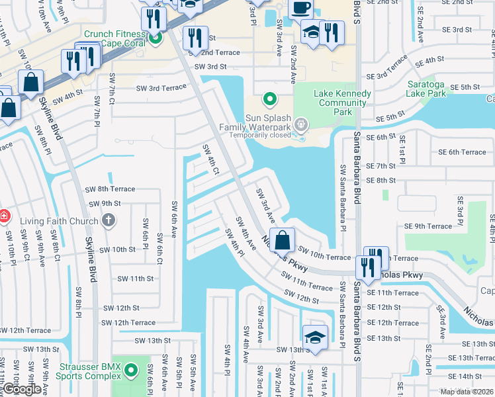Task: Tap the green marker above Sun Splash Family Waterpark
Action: [269, 100]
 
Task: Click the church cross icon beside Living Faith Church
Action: [108, 220]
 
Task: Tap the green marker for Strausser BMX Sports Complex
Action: [131, 369]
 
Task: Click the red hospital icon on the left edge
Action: [3, 216]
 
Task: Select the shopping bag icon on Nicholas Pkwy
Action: [283, 240]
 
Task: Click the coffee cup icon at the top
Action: [300, 8]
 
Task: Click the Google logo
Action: [22, 389]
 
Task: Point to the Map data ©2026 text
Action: [466, 392]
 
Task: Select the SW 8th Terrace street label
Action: [110, 189]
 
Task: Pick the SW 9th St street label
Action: [105, 203]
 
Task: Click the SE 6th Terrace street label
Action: [462, 152]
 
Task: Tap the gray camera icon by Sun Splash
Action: [301, 124]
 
